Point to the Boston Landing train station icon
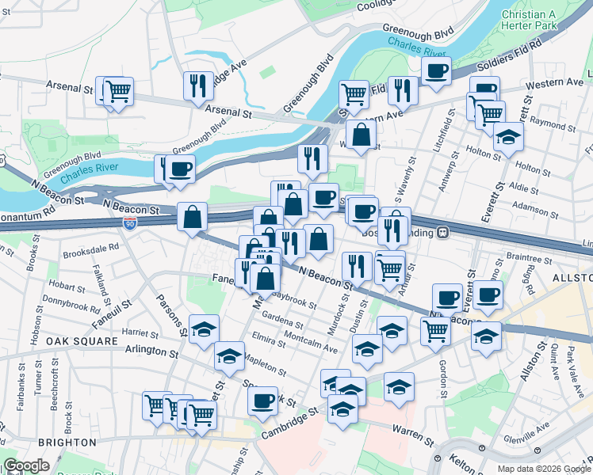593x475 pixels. coord(443,233)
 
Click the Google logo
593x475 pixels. coord(27,465)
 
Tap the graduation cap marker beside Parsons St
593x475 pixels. coord(204,329)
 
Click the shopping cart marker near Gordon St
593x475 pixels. coord(435,332)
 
